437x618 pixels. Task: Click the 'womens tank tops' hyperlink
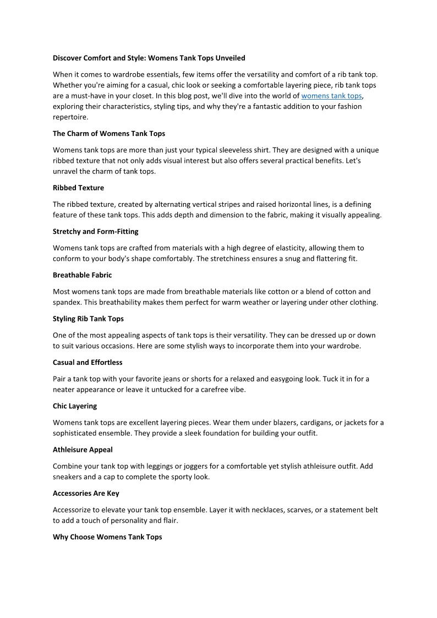331,96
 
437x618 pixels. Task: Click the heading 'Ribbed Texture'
78,188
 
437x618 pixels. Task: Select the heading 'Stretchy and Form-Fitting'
95,231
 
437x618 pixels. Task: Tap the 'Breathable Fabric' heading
82,275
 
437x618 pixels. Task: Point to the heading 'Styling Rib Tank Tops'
88,319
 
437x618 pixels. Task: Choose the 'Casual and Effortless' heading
88,362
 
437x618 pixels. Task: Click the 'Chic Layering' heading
75,406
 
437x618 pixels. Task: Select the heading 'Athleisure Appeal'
83,450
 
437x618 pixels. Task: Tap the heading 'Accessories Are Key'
86,493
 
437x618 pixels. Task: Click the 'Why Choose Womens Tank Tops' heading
107,537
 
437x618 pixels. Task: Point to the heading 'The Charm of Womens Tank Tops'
109,133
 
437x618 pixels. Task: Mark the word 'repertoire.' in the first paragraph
70,117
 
